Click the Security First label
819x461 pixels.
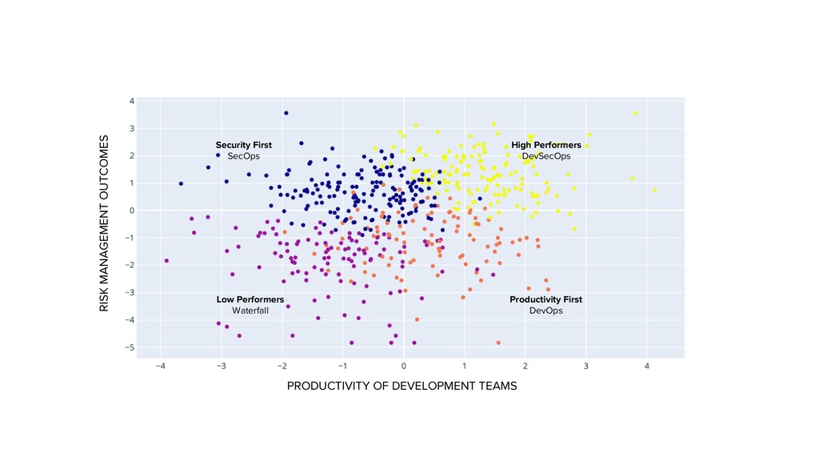click(243, 145)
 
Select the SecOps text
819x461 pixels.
click(243, 156)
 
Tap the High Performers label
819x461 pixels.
click(546, 145)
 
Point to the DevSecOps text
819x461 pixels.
click(546, 156)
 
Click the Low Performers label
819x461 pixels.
click(250, 299)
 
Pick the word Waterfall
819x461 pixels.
click(250, 311)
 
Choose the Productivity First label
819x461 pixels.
click(545, 299)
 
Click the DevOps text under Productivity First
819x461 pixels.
click(545, 311)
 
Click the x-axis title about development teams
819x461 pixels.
click(402, 386)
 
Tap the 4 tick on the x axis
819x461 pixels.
click(646, 367)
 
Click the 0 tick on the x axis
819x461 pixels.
click(403, 367)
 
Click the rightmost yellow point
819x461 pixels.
click(654, 190)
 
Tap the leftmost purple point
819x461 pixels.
click(166, 260)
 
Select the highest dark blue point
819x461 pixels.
click(286, 113)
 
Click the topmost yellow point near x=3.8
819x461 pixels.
click(636, 113)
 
